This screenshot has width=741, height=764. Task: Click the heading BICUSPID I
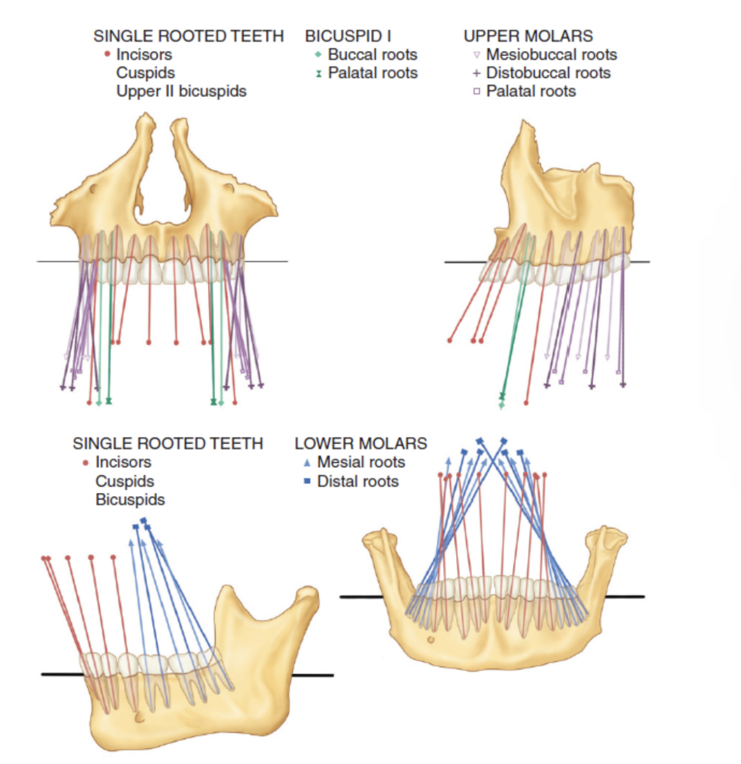[x=348, y=36]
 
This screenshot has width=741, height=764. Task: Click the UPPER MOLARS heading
[x=528, y=36]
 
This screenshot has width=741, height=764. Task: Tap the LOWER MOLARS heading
[x=360, y=443]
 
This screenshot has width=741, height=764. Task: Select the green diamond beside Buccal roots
[x=318, y=54]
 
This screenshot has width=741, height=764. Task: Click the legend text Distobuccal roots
[x=548, y=73]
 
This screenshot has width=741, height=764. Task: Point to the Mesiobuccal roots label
[x=551, y=55]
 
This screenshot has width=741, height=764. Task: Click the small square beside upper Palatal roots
[x=476, y=92]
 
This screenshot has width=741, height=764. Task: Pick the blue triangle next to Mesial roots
[x=307, y=463]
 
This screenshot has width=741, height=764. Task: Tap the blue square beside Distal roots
[x=307, y=481]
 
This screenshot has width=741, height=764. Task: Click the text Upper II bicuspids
[x=181, y=92]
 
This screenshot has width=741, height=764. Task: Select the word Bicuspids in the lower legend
[x=130, y=500]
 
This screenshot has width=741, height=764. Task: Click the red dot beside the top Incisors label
[x=107, y=54]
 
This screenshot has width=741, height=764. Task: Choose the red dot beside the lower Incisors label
[x=85, y=463]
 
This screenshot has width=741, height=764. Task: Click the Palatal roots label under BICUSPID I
[x=372, y=73]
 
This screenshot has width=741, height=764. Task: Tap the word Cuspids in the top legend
[x=145, y=73]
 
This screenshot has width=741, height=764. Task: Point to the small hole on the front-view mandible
[x=430, y=639]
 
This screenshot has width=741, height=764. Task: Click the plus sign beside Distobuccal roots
[x=476, y=73]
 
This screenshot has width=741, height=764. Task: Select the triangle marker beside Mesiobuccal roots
[x=476, y=55]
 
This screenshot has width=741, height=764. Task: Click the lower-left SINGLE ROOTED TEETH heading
[x=167, y=443]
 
